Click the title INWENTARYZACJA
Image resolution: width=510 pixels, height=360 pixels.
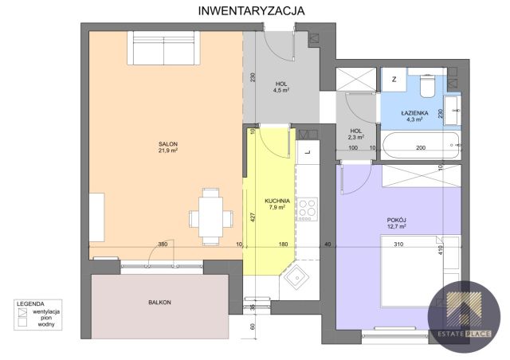tap(252, 10)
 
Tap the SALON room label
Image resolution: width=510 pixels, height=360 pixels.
tap(168, 144)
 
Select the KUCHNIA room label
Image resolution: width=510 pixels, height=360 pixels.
tap(277, 201)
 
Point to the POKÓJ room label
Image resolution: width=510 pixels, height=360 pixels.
tap(397, 220)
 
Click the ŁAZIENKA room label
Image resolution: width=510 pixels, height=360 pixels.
tap(414, 113)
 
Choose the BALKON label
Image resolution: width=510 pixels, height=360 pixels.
tap(159, 303)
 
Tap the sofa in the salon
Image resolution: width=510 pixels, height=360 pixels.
tap(163, 48)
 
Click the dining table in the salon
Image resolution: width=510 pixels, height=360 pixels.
tap(211, 217)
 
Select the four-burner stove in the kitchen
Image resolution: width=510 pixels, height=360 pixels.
tap(308, 209)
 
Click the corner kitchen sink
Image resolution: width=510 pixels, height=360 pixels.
tap(296, 277)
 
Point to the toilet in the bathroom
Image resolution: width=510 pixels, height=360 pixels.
tap(427, 86)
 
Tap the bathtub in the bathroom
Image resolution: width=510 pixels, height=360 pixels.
tap(422, 146)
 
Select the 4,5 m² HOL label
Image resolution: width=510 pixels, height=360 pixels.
tap(281, 87)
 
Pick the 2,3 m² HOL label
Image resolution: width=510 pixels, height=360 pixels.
tap(356, 135)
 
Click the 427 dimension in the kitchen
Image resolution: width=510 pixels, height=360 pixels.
tap(253, 217)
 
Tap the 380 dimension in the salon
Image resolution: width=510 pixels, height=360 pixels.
tap(163, 244)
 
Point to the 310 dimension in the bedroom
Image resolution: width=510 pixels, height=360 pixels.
tap(398, 244)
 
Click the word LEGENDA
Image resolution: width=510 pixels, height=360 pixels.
tap(30, 304)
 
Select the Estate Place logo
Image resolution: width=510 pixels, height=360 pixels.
tap(464, 317)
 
